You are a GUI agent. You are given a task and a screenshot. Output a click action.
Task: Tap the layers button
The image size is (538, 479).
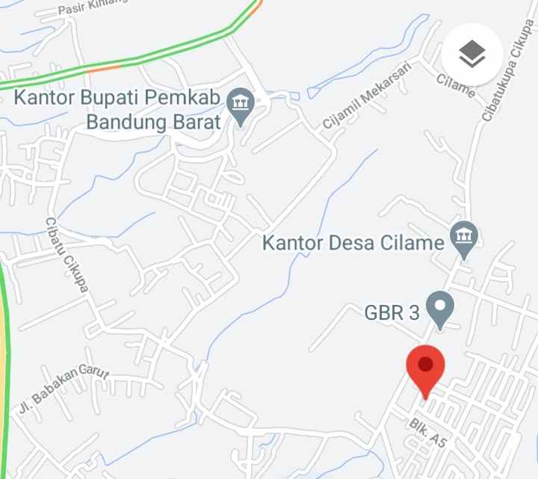pyautogui.click(x=472, y=53)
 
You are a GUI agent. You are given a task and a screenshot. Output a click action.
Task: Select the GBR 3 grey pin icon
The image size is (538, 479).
pyautogui.click(x=439, y=309)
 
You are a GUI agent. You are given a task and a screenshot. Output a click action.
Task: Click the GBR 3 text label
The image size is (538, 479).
pyautogui.click(x=392, y=312)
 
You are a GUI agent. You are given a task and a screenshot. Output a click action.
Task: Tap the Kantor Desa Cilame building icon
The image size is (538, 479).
pyautogui.click(x=464, y=238)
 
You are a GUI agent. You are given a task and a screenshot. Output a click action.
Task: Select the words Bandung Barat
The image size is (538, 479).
pyautogui.click(x=154, y=121)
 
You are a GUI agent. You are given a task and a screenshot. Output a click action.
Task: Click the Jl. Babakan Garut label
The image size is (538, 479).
pyautogui.click(x=64, y=389)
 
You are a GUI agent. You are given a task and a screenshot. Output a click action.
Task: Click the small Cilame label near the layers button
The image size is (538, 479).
pyautogui.click(x=456, y=85)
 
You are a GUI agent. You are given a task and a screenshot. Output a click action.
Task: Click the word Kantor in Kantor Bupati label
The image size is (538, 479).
pyautogui.click(x=45, y=98)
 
